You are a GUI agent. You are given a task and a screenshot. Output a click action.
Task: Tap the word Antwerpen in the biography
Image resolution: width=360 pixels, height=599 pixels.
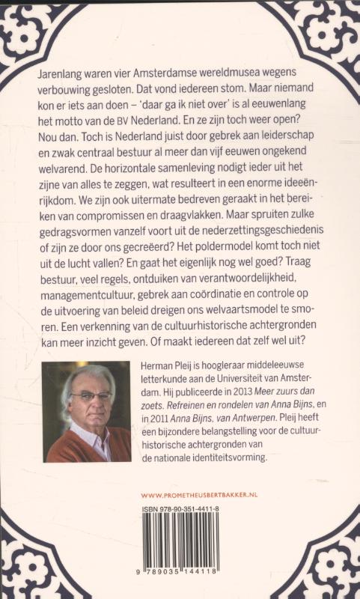coord(266,427)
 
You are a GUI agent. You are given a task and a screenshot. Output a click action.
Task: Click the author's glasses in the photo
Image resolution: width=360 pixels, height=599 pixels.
coord(91,397)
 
